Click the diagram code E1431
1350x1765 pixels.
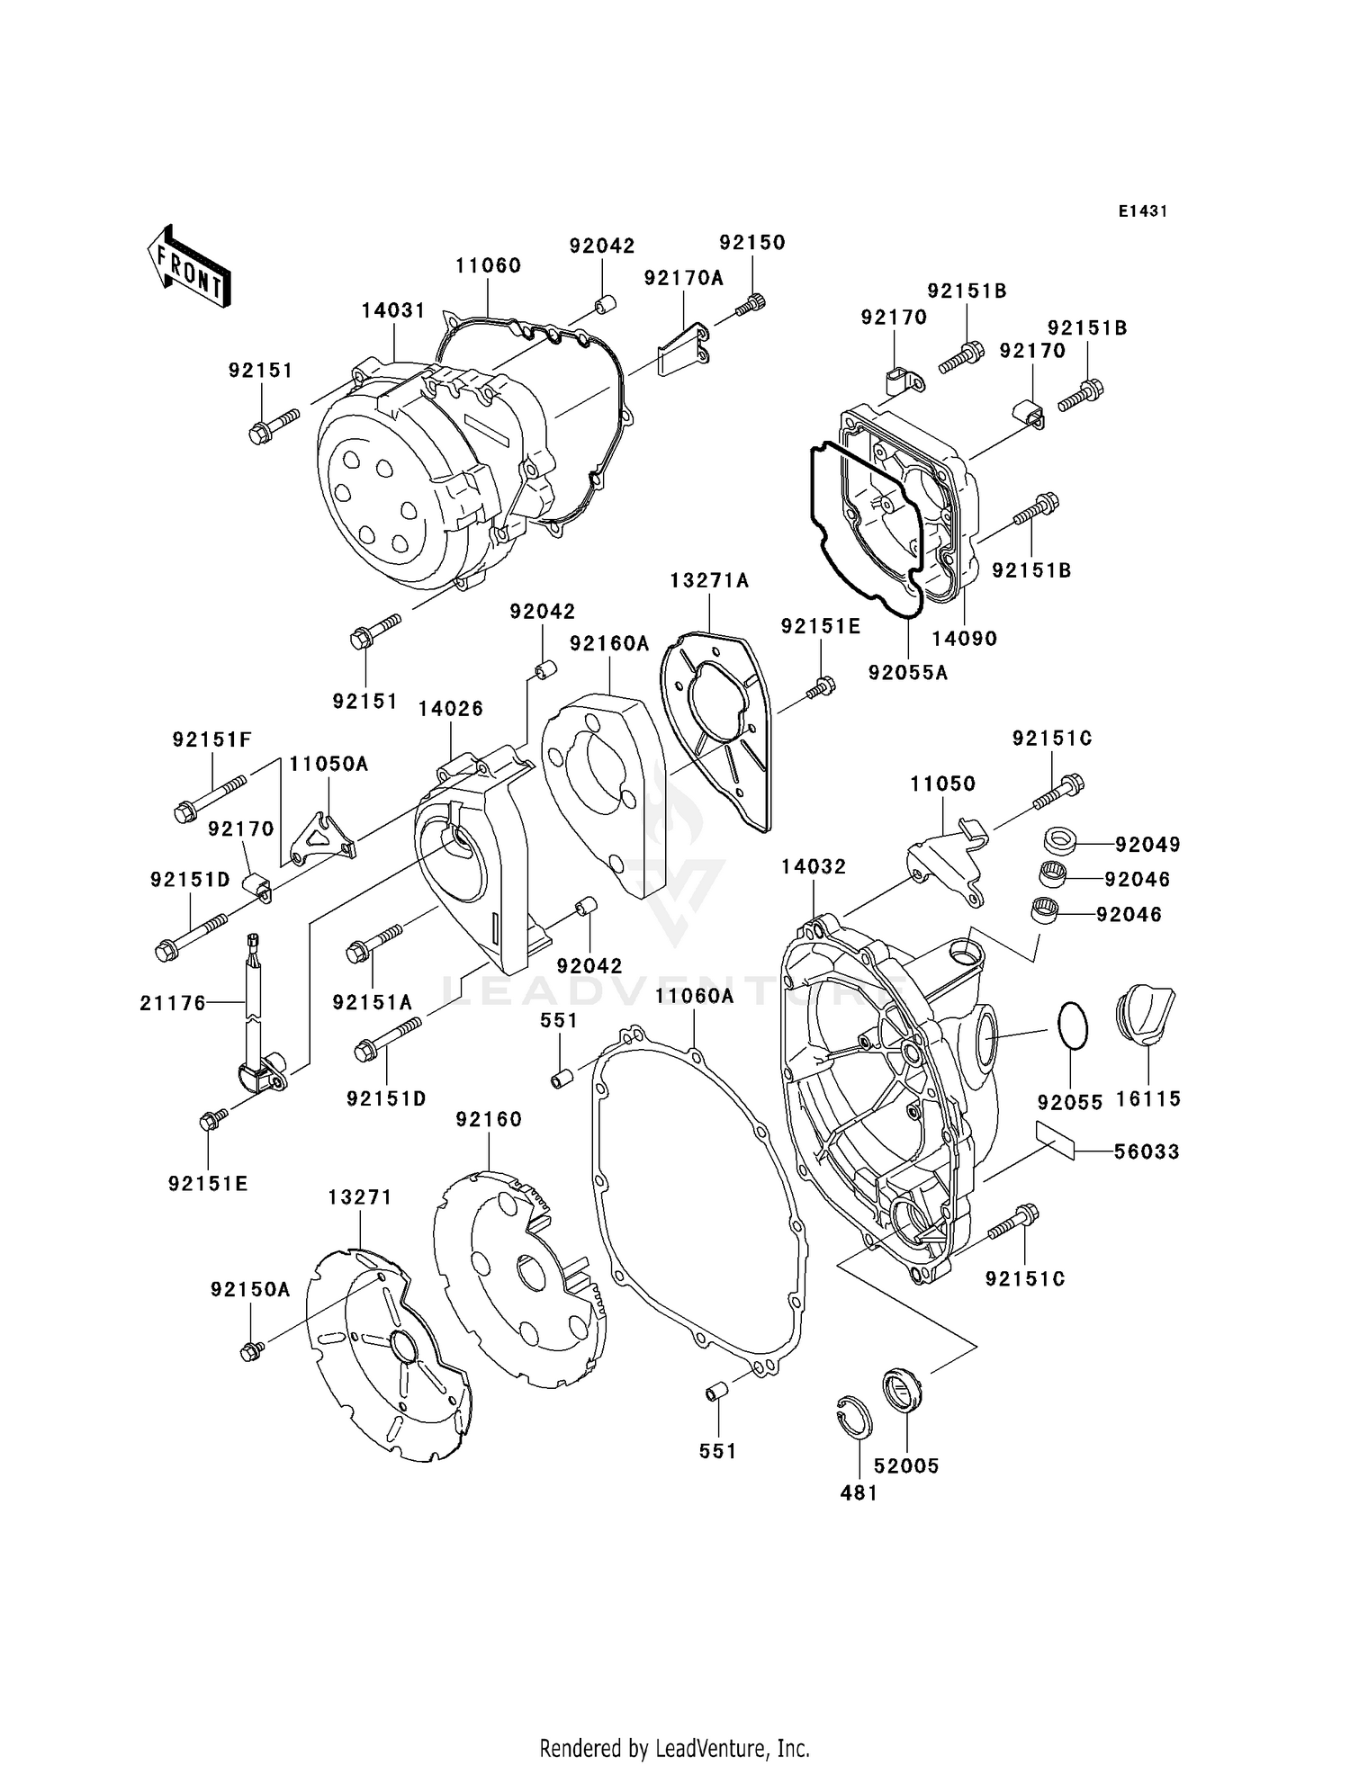pos(1142,211)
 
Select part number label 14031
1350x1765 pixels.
pos(393,310)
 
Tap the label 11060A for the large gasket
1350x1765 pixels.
pos(694,996)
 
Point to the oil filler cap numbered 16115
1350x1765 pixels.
pos(1145,1017)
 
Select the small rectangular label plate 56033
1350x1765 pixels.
pos(1055,1140)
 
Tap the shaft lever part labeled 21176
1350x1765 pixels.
pos(255,1008)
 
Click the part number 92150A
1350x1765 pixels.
pos(250,1290)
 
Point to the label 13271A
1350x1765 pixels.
pos(709,581)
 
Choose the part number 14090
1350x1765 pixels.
pos(964,639)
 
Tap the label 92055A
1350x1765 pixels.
pos(907,672)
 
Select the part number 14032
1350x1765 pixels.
pos(814,866)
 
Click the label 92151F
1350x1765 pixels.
pos(211,739)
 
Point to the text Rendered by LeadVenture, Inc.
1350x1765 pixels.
pos(674,1748)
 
